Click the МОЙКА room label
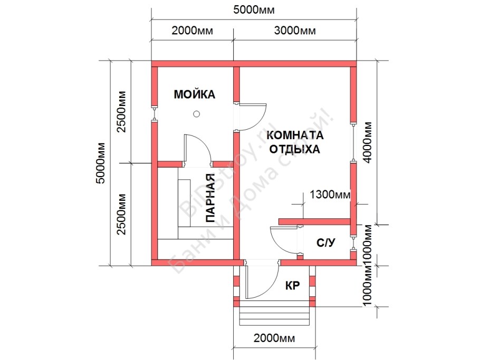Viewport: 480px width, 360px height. (195, 95)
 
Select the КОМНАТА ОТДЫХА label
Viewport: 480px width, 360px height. (295, 142)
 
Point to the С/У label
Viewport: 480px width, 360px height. (325, 243)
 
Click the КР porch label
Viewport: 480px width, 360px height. (292, 286)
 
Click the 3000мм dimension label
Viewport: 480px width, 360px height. (296, 31)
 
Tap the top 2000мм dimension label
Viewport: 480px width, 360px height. (192, 31)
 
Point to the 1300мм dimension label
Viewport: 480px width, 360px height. (330, 195)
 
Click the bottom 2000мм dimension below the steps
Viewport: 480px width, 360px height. (275, 338)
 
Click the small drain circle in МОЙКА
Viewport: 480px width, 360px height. (196, 113)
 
